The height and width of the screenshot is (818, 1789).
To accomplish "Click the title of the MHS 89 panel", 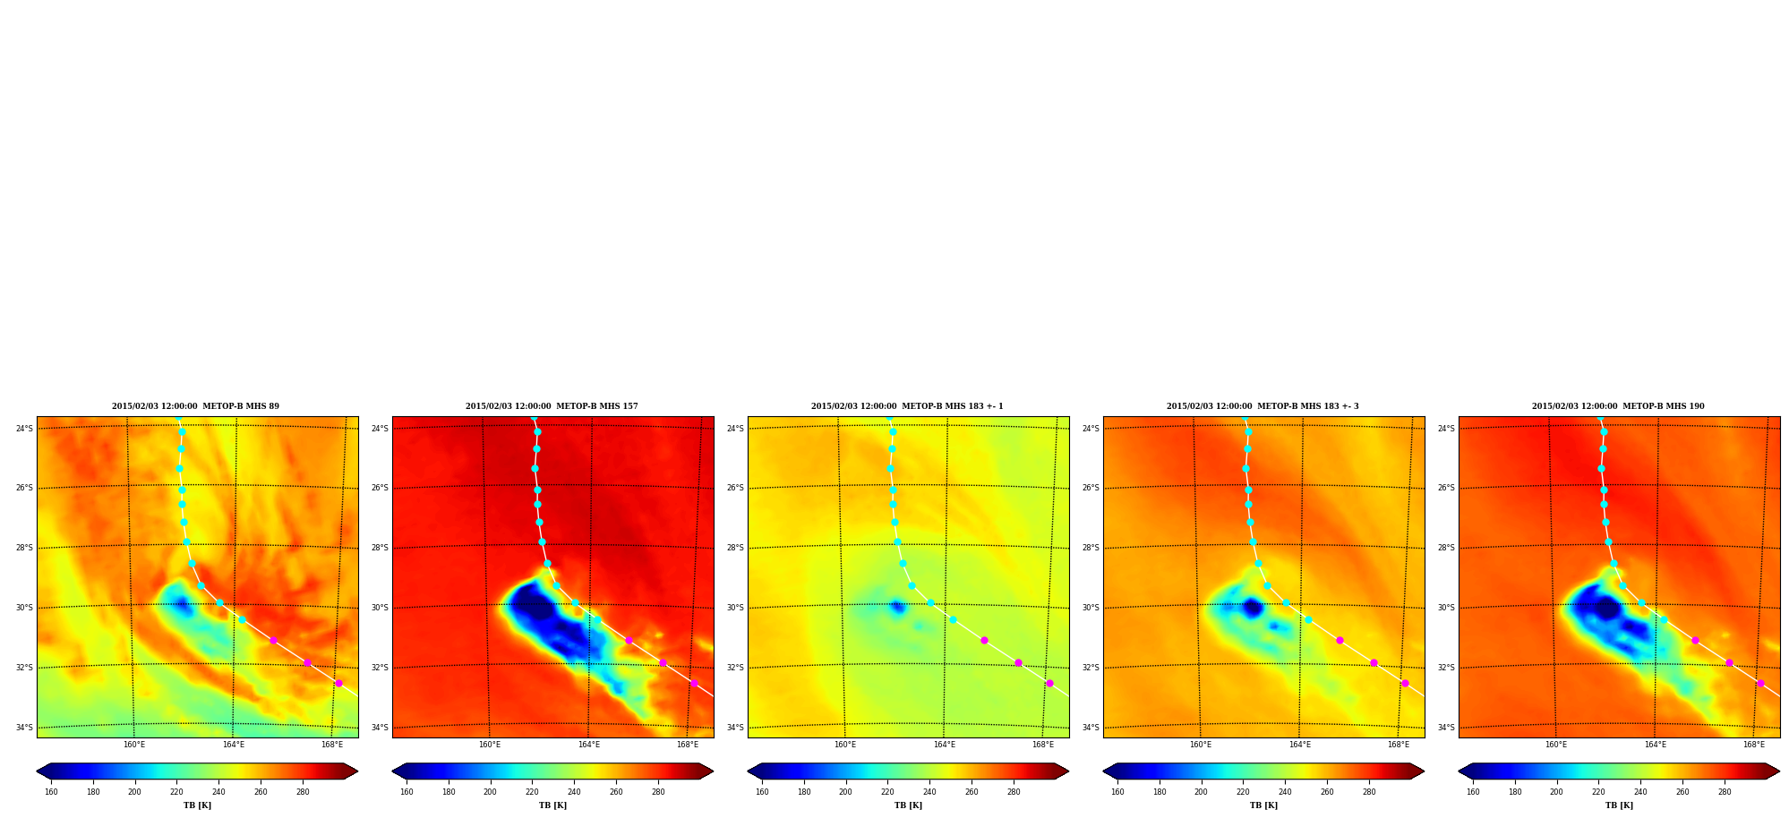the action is point(195,406).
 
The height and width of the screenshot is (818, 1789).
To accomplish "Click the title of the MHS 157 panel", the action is point(552,406).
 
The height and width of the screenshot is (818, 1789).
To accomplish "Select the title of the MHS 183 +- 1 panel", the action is point(907,406).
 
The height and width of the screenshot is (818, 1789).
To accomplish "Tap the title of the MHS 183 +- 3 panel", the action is point(1263,406).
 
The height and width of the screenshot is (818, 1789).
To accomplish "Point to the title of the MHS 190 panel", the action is point(1618,406).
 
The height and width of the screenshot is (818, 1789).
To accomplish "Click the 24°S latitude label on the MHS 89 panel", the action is point(24,429).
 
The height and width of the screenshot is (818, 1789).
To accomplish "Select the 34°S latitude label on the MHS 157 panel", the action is point(380,728).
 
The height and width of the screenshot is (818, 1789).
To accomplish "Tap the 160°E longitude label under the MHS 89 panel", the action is point(134,745).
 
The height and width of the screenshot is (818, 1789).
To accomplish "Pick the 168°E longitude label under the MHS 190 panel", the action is point(1754,745).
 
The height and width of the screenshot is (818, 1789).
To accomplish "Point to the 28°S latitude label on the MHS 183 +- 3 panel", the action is point(1091,548).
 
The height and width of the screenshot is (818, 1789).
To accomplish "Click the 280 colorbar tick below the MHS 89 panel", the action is point(303,792).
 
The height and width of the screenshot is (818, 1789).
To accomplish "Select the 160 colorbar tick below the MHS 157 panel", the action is point(407,792).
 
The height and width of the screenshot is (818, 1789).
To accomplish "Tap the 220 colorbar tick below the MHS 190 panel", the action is point(1598,792).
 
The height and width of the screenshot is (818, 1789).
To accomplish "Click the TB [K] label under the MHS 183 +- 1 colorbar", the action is point(908,805).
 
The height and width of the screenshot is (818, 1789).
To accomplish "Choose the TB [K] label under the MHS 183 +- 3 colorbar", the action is point(1263,805).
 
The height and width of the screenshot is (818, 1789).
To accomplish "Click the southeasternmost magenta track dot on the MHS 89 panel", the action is point(338,683).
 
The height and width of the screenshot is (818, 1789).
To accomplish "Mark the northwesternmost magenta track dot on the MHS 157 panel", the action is point(629,640).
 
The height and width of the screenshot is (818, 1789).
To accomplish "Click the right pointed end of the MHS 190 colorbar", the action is point(1778,771).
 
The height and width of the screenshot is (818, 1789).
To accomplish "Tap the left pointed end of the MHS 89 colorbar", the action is point(38,771).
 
